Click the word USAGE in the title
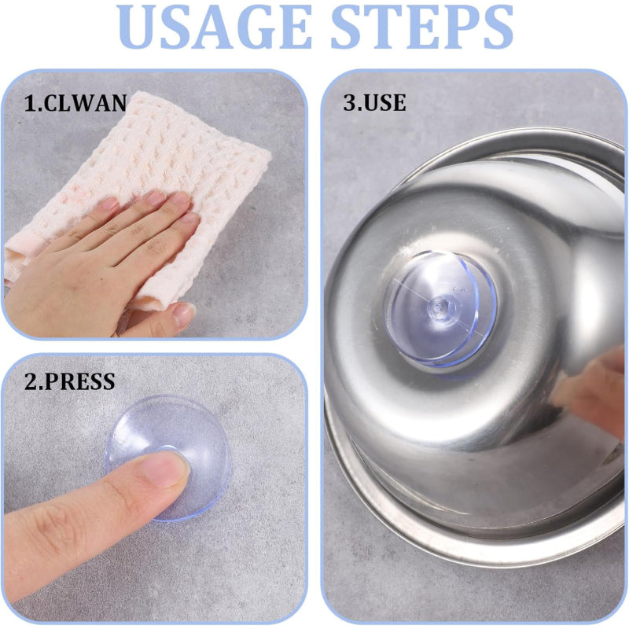215,27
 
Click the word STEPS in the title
421,27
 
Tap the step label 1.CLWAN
75,103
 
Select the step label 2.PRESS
69,381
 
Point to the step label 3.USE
374,102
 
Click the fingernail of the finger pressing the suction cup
165,469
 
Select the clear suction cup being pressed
168,458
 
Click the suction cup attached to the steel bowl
440,308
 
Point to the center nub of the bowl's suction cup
440,307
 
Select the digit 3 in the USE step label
349,102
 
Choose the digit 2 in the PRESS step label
31,381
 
